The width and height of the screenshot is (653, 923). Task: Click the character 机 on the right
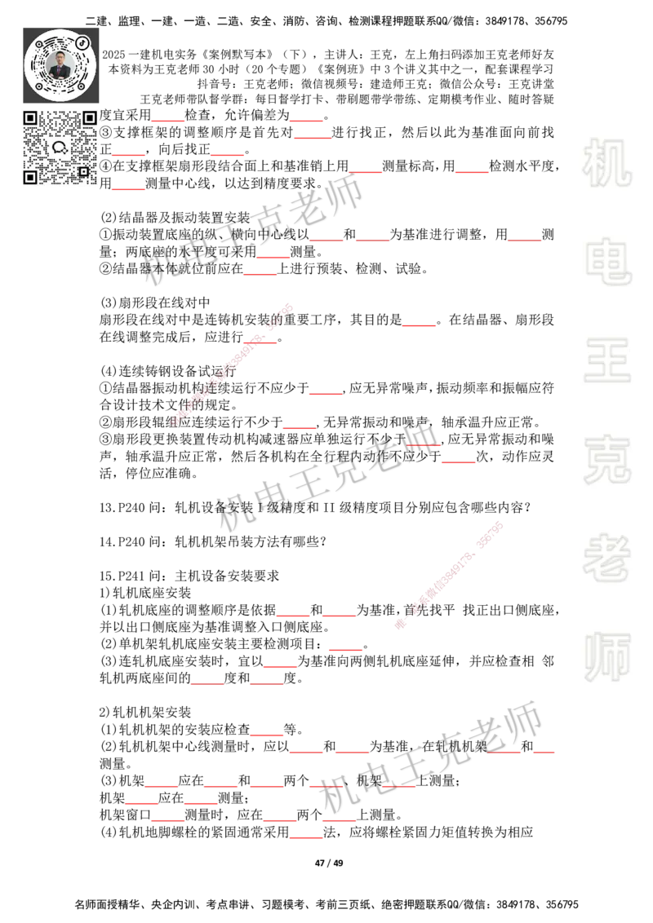tap(606, 162)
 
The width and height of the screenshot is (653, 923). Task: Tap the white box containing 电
tap(610, 261)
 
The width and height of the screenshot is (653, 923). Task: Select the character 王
tap(606, 362)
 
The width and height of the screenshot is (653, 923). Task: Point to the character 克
tap(606, 460)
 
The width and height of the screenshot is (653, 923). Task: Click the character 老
tap(606, 558)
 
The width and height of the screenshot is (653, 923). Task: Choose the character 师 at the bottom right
tap(606, 658)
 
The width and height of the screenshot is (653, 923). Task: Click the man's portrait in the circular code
tap(60, 64)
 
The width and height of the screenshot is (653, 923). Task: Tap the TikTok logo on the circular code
tap(82, 42)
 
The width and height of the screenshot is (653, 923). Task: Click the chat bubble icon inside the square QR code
tap(60, 148)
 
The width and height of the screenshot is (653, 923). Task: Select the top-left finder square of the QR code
tap(30, 118)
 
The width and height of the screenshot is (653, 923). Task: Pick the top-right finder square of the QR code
tap(89, 118)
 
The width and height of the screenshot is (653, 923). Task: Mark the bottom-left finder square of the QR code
tap(30, 177)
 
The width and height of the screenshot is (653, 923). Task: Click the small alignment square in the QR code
tap(82, 171)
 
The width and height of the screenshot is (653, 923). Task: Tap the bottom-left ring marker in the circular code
tap(38, 85)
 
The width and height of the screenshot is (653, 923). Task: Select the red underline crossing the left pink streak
tap(260, 342)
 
